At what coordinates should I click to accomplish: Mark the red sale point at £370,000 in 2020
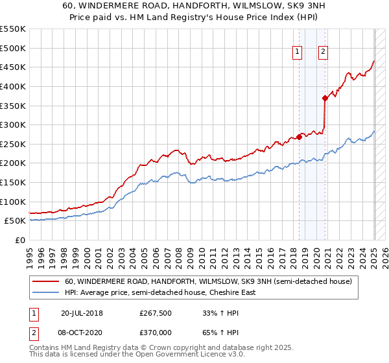pos(325,98)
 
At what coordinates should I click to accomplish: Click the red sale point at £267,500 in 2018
pos(300,137)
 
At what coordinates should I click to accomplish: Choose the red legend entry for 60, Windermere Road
pos(207,282)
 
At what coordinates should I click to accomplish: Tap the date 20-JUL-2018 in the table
pos(82,313)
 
